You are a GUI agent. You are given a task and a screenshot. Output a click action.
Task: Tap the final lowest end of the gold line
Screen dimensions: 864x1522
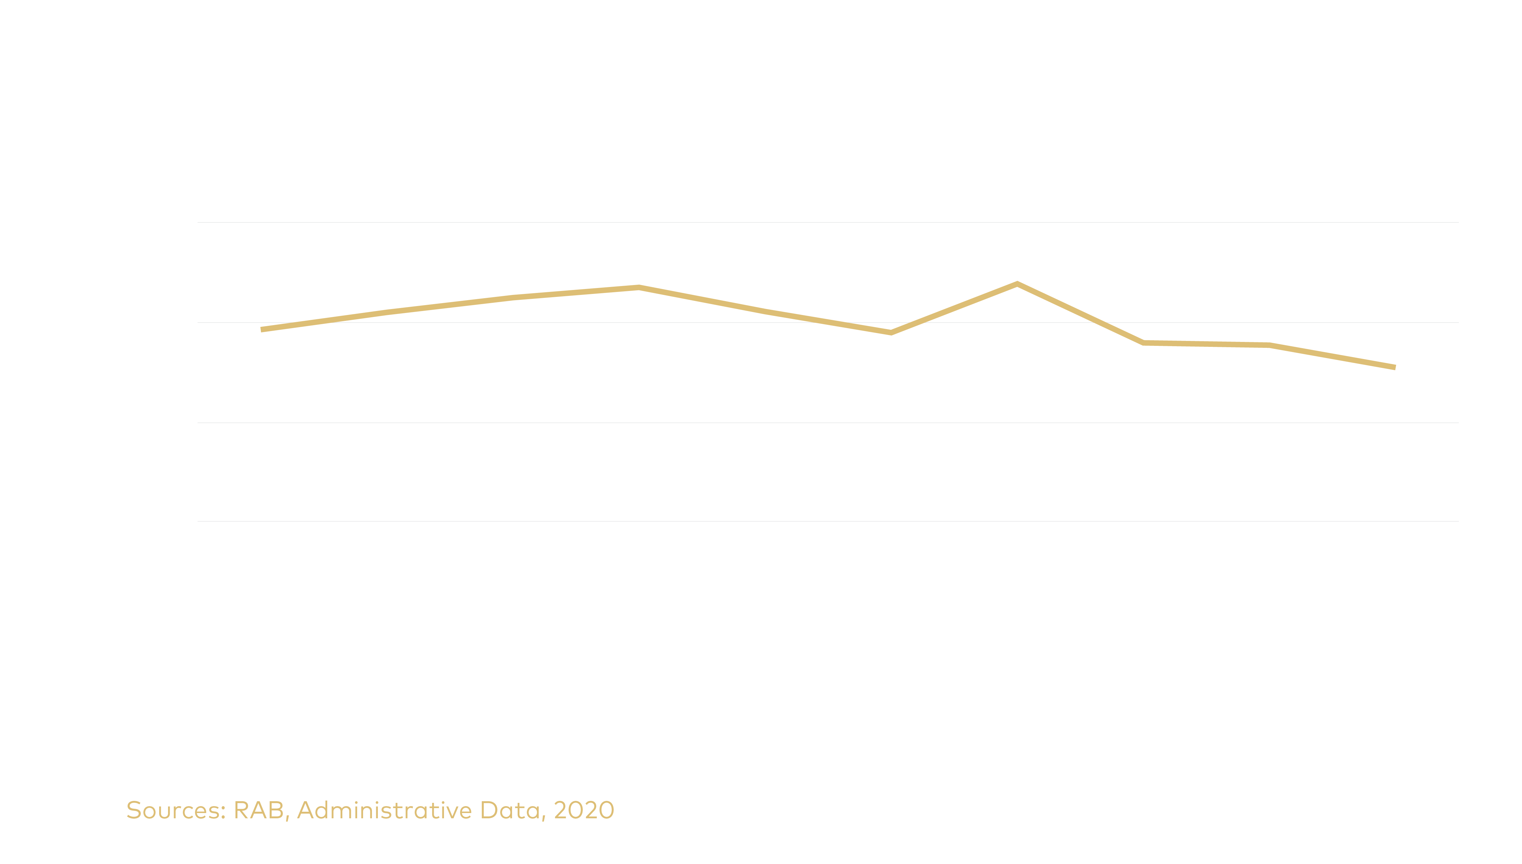click(x=1394, y=367)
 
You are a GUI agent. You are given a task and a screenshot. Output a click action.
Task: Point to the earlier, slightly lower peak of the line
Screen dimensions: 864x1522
click(x=639, y=288)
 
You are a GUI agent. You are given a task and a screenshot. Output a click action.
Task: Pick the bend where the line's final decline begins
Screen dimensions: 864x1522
click(x=1269, y=345)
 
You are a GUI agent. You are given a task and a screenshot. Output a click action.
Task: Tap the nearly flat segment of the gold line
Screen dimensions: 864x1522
click(x=1206, y=344)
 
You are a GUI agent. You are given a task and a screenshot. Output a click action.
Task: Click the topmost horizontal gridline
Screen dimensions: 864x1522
click(x=827, y=223)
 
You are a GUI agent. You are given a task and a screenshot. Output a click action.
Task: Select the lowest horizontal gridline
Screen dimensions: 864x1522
click(x=827, y=522)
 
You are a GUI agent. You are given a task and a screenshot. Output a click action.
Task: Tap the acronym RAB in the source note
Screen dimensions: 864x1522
click(x=259, y=811)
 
